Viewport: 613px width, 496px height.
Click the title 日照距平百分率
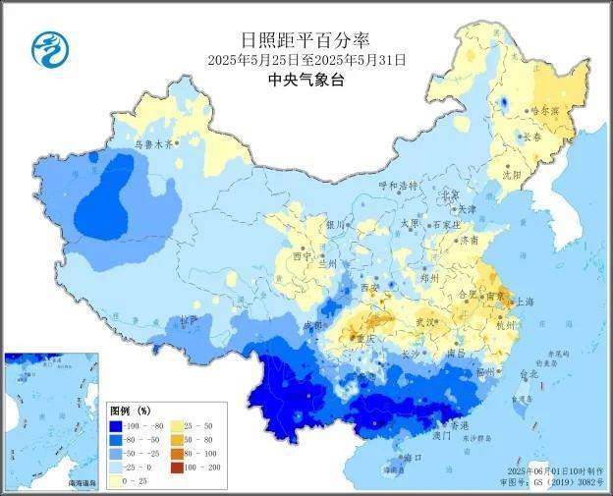click(306, 40)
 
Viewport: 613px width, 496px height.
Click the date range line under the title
click(306, 60)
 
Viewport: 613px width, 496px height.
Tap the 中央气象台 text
click(306, 80)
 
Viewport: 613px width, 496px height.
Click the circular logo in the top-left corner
click(45, 45)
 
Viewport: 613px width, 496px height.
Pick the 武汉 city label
click(424, 321)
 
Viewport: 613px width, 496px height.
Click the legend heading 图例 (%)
click(129, 410)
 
